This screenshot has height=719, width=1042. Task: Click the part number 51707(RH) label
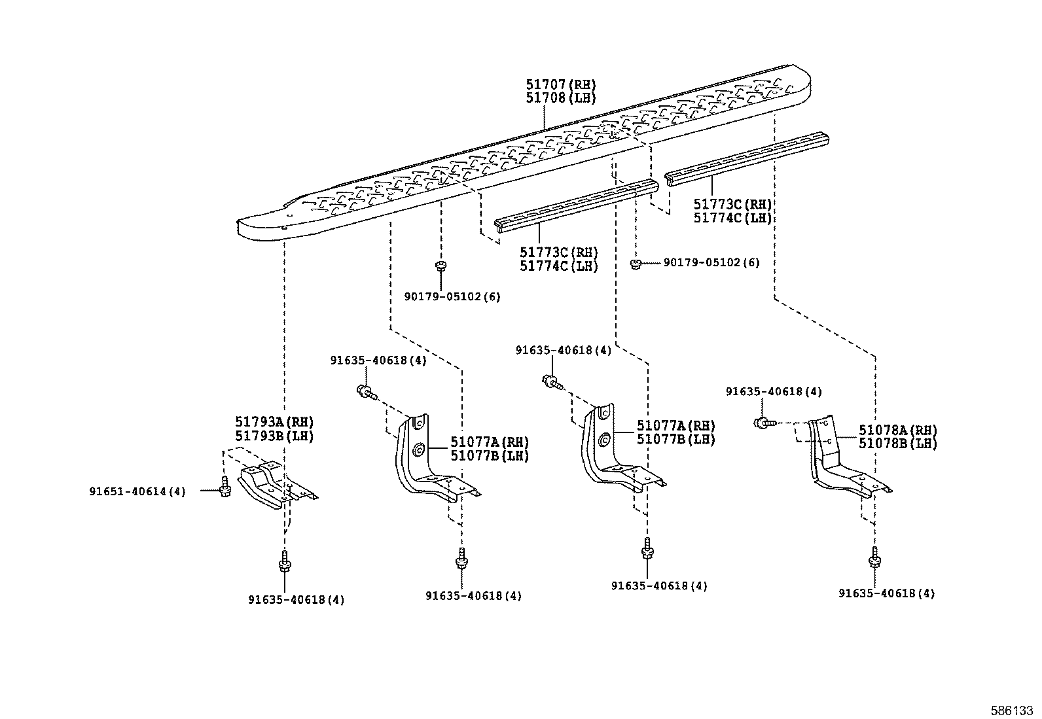pos(561,84)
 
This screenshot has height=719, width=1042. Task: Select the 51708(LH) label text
pos(561,97)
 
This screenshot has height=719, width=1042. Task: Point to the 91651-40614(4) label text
pos(137,491)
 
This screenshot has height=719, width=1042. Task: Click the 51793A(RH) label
pos(274,422)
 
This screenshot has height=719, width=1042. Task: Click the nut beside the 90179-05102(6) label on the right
pos(634,263)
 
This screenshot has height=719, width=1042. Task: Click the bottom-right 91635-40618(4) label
pos(886,593)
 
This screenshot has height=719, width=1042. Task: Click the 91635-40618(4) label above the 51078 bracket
pos(774,391)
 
